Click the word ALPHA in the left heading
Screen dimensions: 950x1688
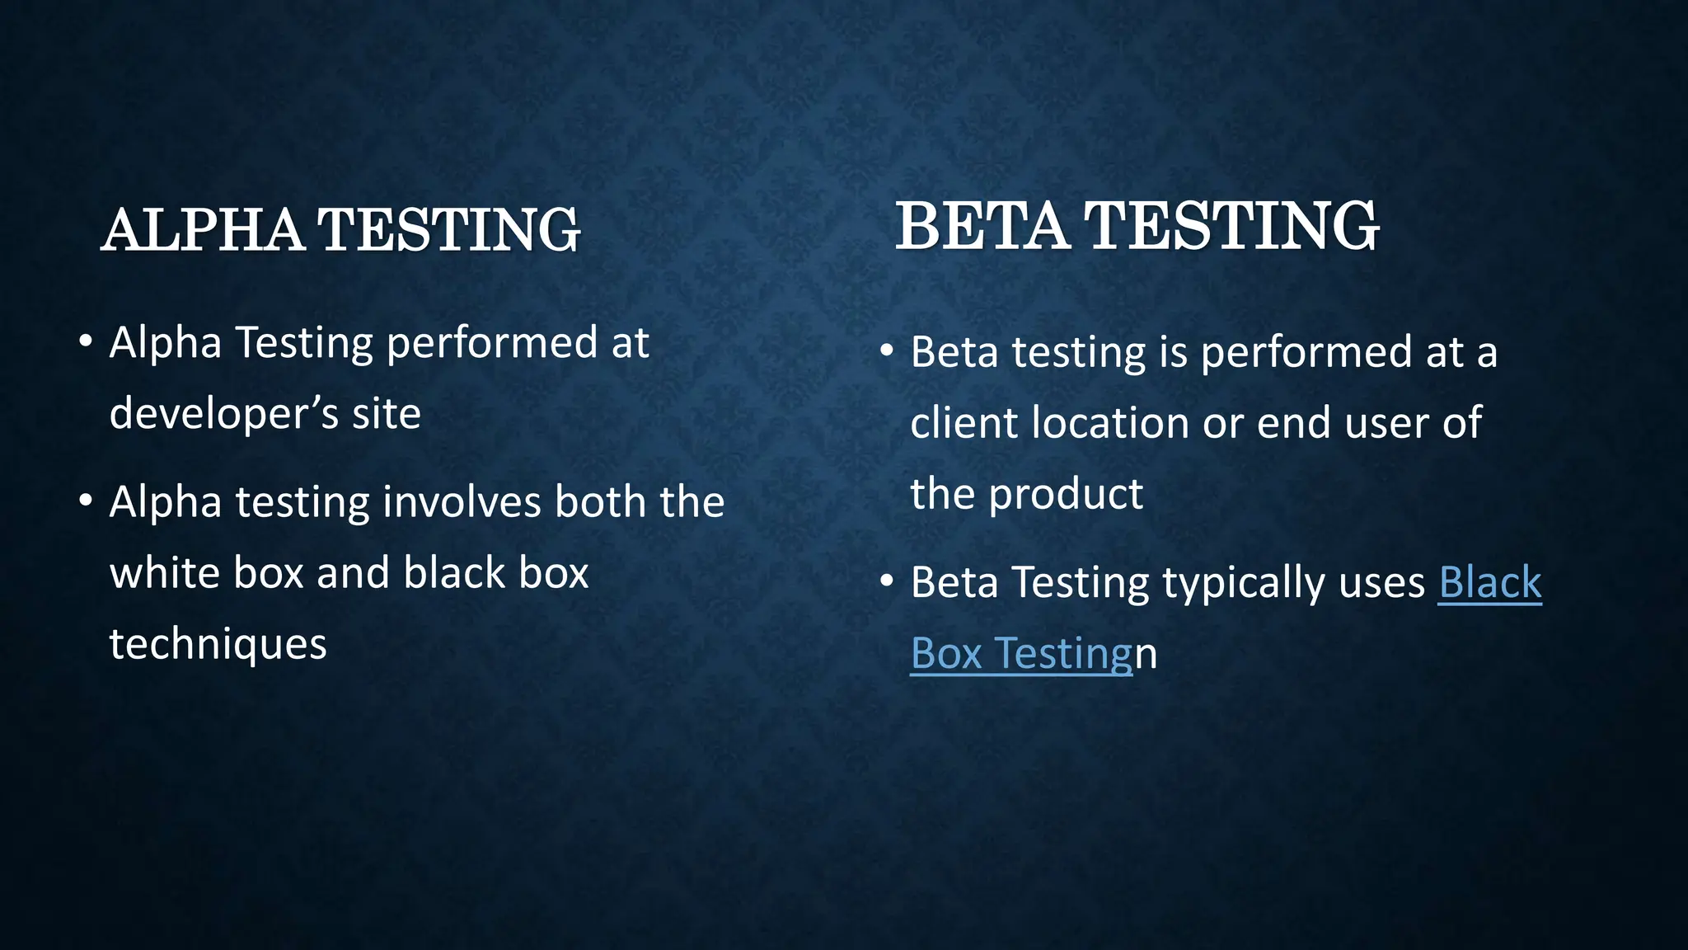(203, 230)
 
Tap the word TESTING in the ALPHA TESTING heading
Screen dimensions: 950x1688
(449, 230)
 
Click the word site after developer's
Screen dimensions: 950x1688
(387, 414)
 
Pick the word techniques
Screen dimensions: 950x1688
(218, 644)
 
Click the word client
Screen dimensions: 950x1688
(964, 423)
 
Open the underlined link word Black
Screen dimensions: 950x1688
(1489, 583)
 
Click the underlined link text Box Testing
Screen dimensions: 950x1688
(1022, 654)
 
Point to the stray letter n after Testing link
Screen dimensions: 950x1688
(1146, 656)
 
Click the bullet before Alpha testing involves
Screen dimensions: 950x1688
(85, 501)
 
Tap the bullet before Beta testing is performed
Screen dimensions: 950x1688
(887, 350)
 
